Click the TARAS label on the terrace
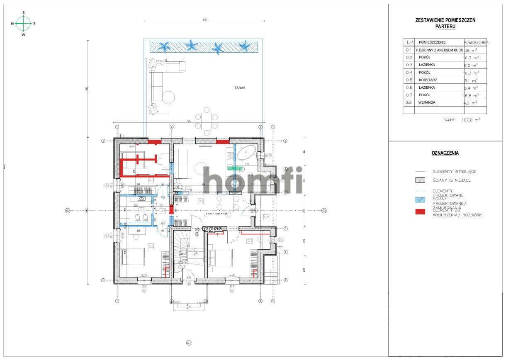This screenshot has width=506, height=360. (240, 88)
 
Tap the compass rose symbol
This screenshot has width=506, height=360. (24, 24)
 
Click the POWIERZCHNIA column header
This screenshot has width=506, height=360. (476, 42)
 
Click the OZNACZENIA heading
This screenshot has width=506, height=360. (445, 153)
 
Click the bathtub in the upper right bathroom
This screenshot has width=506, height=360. (247, 153)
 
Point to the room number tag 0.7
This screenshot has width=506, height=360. (250, 241)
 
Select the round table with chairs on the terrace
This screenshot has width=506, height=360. (207, 121)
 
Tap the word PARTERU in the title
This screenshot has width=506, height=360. (445, 26)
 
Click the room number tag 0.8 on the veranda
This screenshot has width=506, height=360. (266, 217)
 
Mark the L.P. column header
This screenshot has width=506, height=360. (409, 42)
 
